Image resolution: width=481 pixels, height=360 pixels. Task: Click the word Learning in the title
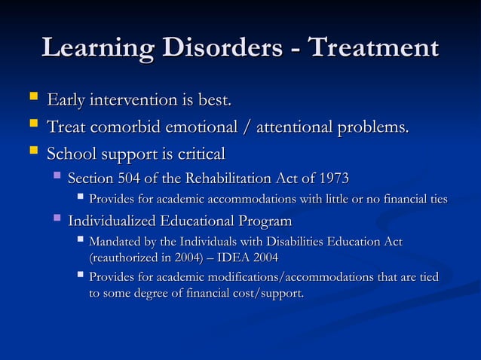tap(99, 47)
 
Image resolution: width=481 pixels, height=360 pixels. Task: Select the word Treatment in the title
tap(374, 47)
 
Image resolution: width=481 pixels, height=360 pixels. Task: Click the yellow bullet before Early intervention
tap(30, 98)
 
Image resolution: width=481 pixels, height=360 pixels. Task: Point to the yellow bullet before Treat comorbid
tap(30, 126)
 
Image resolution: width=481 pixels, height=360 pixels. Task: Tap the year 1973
tap(334, 178)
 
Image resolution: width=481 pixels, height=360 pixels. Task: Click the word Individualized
tap(112, 221)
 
